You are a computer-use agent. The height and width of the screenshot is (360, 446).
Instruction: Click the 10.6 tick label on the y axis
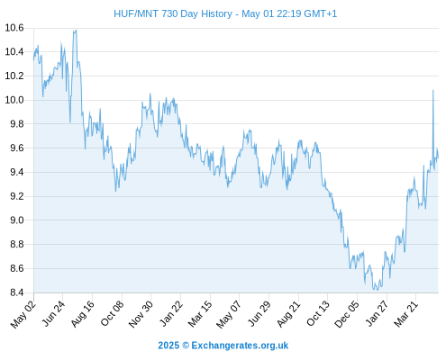pos(14,28)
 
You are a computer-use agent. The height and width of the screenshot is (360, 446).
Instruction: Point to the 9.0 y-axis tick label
pos(17,220)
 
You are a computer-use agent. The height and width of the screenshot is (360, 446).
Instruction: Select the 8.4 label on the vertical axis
pos(17,292)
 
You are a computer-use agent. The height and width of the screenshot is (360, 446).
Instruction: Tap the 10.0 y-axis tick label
pos(14,100)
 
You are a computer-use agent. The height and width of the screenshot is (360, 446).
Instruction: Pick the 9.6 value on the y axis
pos(17,148)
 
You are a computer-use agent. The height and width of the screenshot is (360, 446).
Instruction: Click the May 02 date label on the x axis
pos(23,314)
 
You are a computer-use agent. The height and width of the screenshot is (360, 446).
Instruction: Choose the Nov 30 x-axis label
pos(141,314)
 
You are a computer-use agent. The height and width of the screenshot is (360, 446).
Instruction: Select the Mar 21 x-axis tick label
pos(406,314)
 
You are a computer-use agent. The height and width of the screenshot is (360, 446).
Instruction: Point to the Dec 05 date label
pos(347,314)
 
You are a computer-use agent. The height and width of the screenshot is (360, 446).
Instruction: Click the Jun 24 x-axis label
pos(53,313)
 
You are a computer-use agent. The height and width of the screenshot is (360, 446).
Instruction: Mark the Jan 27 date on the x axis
pos(377,313)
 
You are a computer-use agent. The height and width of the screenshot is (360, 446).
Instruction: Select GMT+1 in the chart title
pos(321,13)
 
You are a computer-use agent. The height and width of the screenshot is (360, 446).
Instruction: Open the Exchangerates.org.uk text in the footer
pos(240,346)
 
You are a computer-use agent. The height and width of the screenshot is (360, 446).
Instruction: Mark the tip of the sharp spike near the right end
pos(432,90)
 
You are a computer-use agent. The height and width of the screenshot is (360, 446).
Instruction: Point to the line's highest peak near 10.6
pos(75,30)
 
